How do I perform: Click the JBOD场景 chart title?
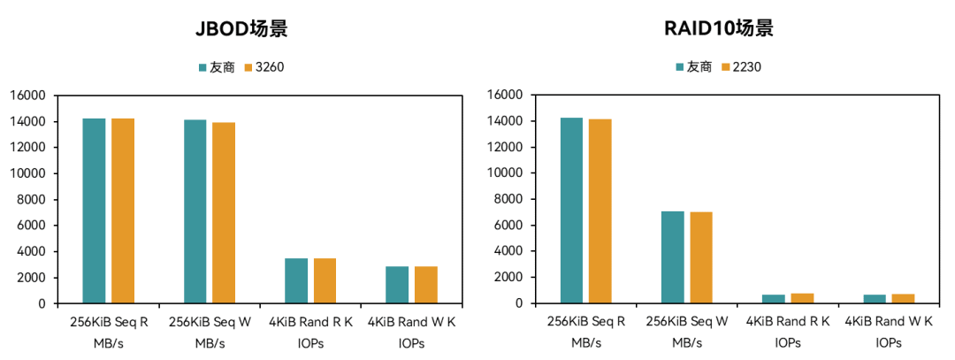pos(241,28)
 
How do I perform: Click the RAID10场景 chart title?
pos(719,28)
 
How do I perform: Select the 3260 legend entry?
pos(270,66)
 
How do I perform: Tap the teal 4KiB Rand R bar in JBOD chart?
pos(296,280)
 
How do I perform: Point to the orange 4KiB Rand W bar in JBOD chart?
pos(426,285)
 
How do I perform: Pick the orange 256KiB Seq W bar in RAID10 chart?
pos(701,257)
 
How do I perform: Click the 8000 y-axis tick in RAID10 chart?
pos(508,199)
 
